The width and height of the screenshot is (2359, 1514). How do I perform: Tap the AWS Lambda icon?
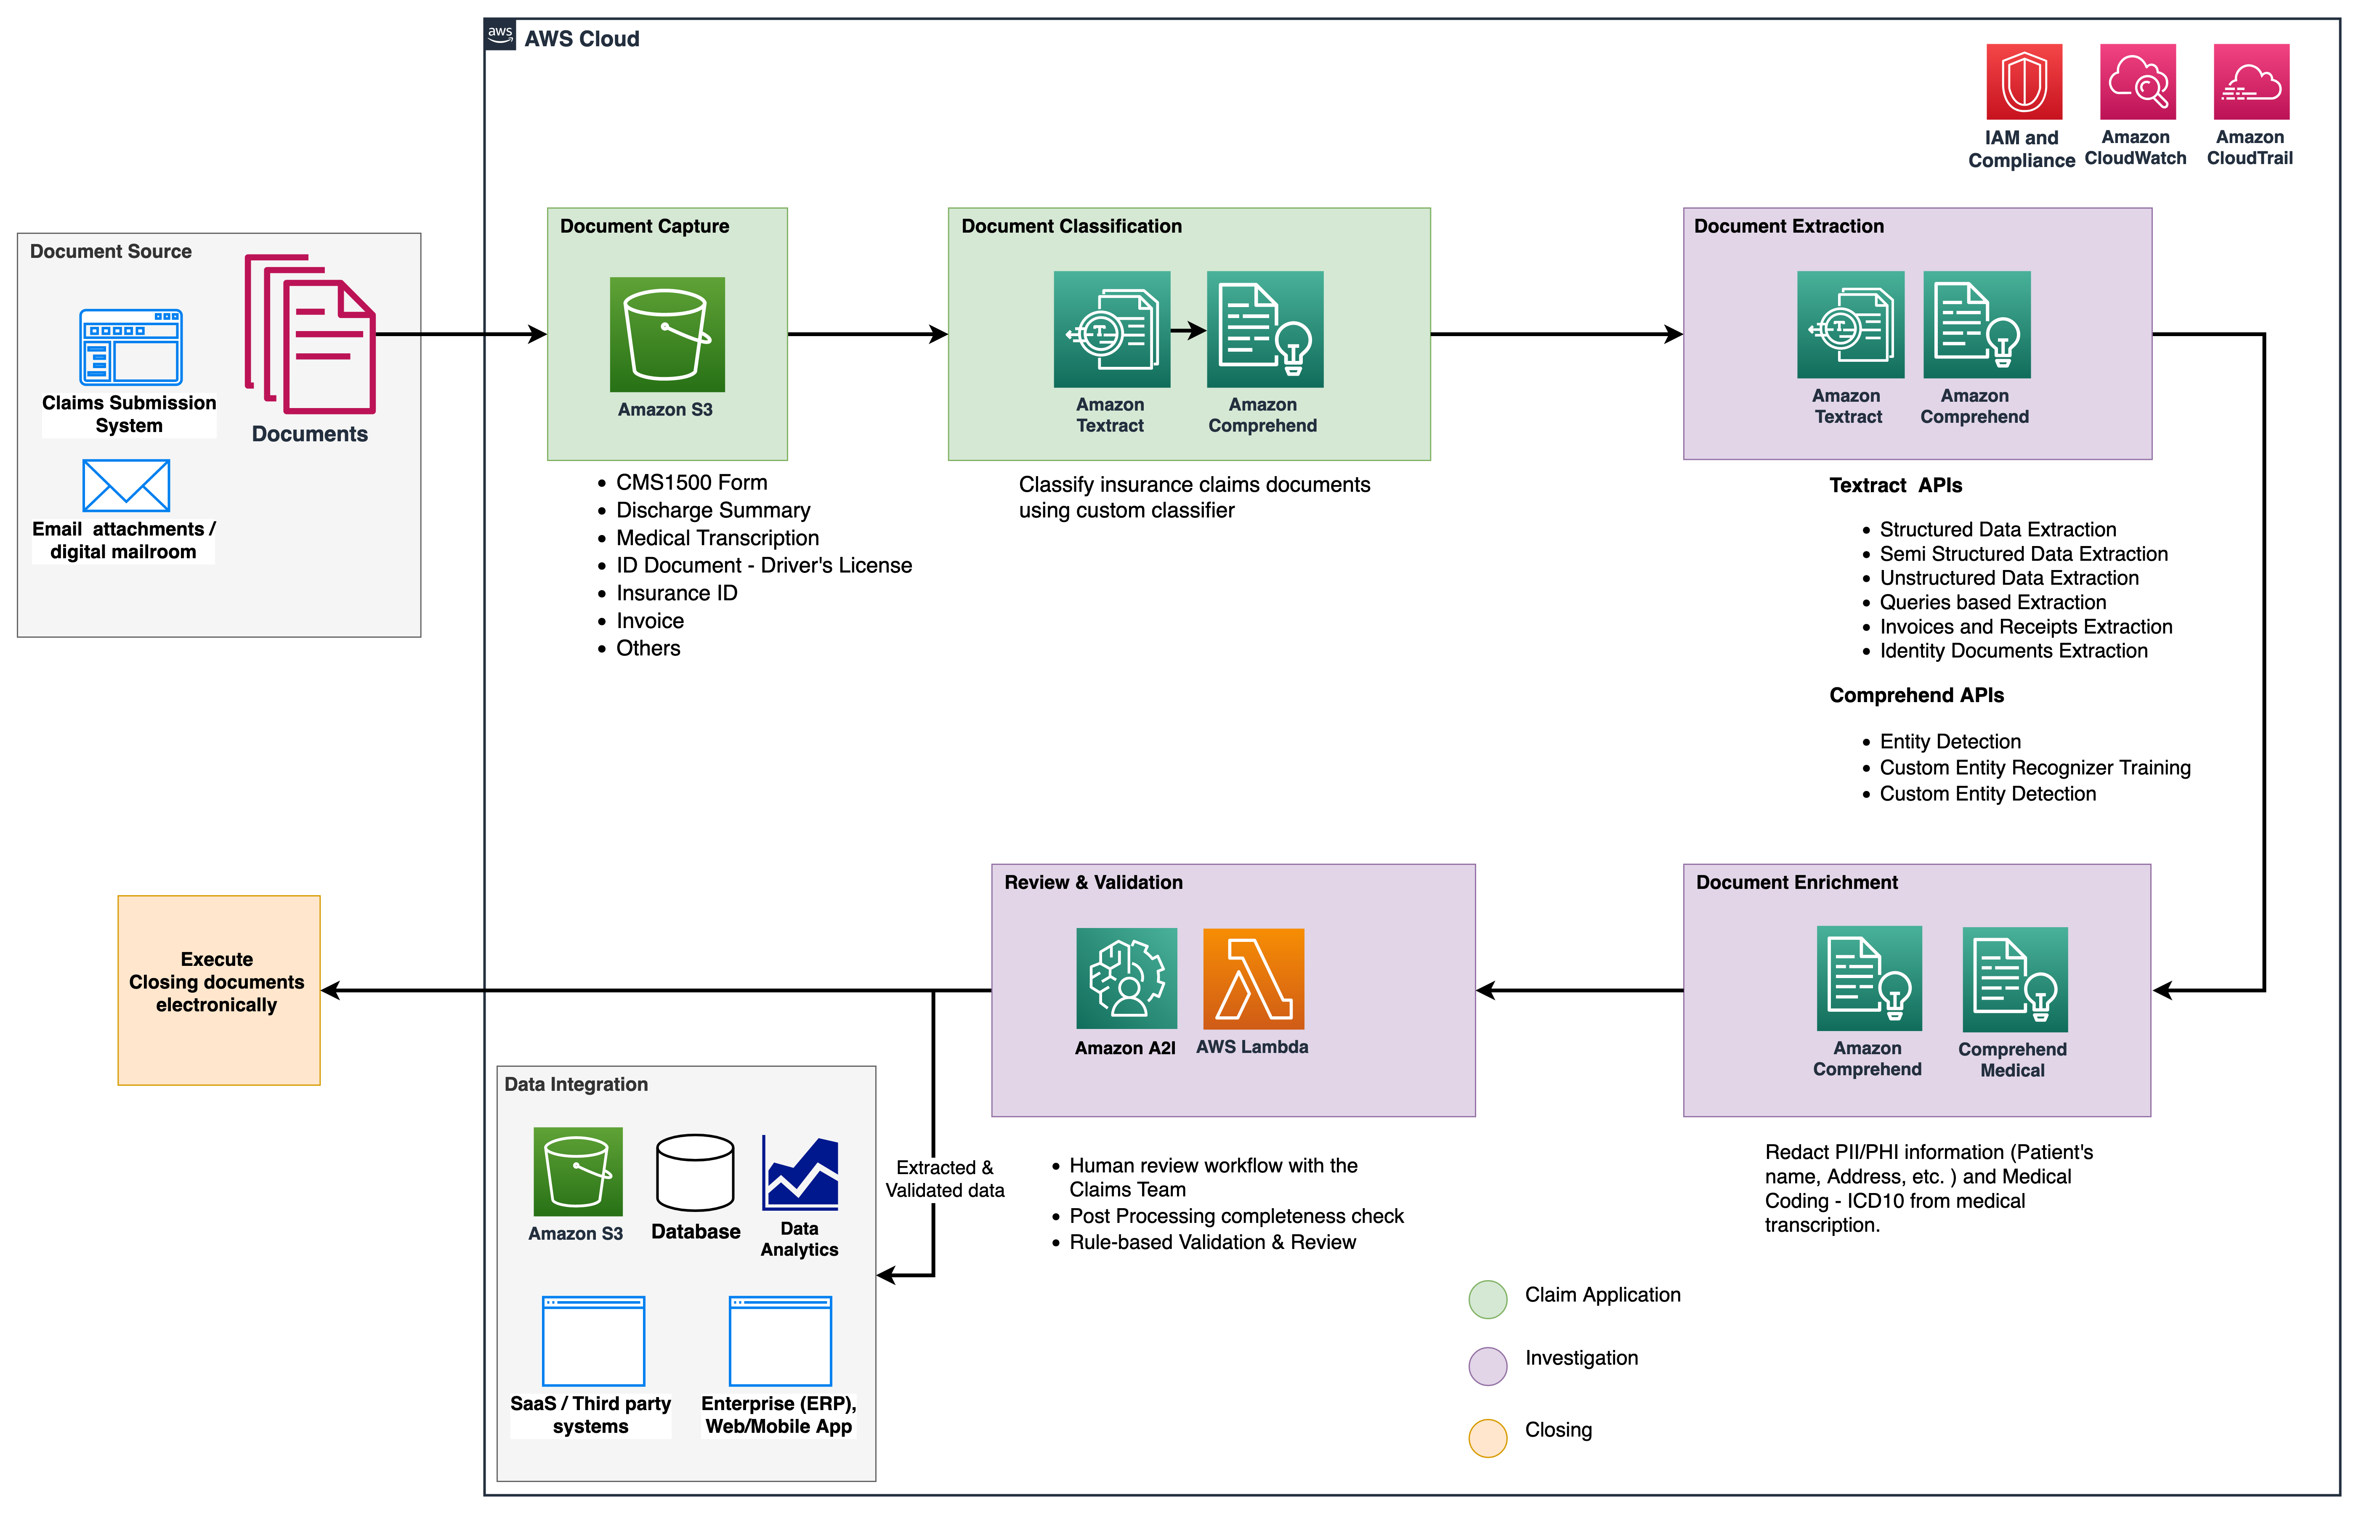point(1254,978)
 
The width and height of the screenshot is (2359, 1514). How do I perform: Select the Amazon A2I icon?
point(1126,978)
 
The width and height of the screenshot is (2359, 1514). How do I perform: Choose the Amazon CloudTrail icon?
point(2251,82)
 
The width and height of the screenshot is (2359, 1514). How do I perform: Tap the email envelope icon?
point(126,485)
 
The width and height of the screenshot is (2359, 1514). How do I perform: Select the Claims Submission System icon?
point(131,347)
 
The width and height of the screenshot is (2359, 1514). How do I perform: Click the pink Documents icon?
point(311,334)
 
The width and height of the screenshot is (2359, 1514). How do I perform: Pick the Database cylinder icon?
point(695,1172)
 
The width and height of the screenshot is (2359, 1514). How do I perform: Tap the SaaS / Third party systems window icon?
point(593,1340)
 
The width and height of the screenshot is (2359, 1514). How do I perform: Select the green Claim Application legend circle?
point(1488,1299)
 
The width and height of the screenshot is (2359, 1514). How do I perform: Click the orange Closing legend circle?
point(1488,1437)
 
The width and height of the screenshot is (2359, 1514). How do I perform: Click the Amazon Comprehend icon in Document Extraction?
point(1976,324)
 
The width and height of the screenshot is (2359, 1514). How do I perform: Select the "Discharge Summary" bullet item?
point(713,510)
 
